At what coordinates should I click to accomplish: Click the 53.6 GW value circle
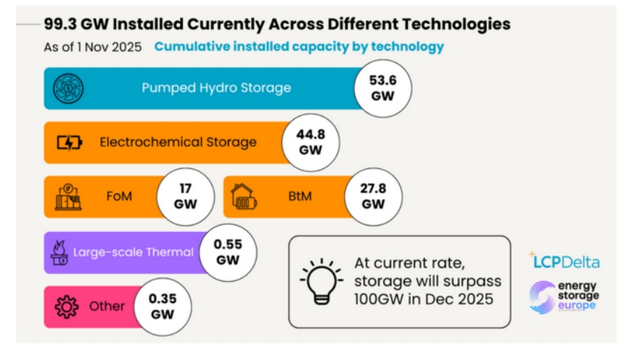(382, 87)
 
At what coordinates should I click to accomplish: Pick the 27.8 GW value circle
(373, 196)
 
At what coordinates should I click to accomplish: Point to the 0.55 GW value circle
(227, 252)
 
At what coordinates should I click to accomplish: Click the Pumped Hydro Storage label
(216, 88)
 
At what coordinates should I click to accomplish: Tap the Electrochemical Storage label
(178, 142)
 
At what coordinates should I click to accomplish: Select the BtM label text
(299, 196)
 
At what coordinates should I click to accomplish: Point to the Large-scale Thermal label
(133, 252)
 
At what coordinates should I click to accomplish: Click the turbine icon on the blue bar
(69, 88)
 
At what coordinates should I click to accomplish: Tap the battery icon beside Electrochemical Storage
(70, 142)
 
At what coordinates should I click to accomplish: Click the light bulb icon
(320, 280)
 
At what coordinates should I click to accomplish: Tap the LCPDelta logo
(564, 261)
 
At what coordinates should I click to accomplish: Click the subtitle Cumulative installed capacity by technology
(299, 47)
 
